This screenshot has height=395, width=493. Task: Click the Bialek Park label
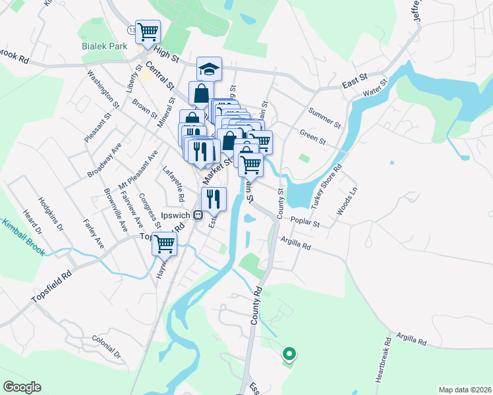coord(103,47)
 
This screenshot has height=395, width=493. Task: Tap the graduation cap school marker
coord(209,69)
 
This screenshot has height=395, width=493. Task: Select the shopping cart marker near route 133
coord(149,30)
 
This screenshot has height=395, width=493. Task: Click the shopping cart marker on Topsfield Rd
coord(164,244)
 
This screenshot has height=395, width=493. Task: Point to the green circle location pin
coord(288,354)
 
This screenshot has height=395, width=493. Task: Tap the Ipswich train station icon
coord(196,215)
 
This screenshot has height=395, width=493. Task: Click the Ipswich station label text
coord(175,215)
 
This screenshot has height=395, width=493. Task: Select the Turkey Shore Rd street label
coord(327,186)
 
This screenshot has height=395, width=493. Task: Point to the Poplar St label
coord(304,223)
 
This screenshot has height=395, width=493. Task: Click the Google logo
coord(22,387)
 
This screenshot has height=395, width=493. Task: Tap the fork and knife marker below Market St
coord(213,199)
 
